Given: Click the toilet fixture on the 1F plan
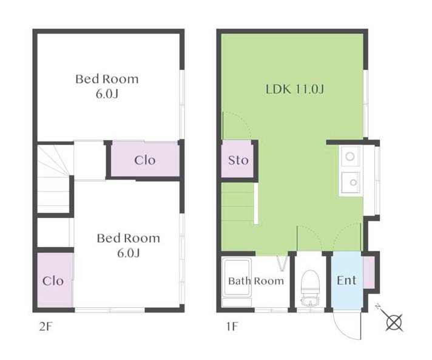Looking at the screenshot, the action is (x=310, y=288).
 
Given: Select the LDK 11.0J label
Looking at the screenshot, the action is (x=295, y=89).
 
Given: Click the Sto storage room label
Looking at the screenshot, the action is (x=238, y=160).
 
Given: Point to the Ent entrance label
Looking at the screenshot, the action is (x=346, y=280).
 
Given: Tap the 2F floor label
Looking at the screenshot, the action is (x=46, y=327).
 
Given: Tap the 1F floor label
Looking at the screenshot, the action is (x=232, y=327).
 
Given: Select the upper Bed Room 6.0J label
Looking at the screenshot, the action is (x=107, y=86).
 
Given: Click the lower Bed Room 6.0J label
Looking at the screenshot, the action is (x=129, y=245).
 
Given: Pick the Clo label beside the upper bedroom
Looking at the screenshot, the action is (x=145, y=160).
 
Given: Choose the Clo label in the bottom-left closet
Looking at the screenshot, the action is (x=53, y=281).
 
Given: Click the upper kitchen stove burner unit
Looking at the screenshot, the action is (x=350, y=156).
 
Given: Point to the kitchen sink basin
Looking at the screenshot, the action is (x=351, y=183).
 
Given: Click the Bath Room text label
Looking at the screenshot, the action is (x=256, y=281).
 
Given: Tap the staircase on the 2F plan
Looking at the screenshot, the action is (x=53, y=178).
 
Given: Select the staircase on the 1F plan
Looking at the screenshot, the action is (x=239, y=204).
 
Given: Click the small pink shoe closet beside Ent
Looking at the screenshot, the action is (x=369, y=273).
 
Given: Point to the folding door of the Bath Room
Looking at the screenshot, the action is (x=283, y=264).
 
